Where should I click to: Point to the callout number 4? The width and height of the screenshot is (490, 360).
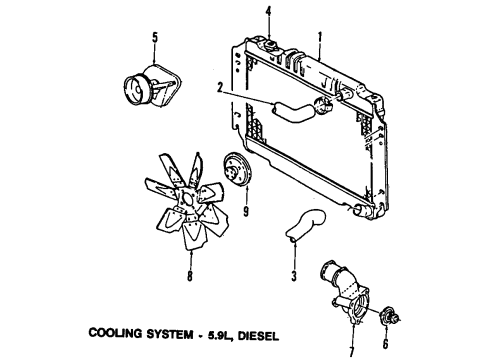[x=269, y=12]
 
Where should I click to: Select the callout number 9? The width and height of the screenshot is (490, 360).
[x=245, y=212]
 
